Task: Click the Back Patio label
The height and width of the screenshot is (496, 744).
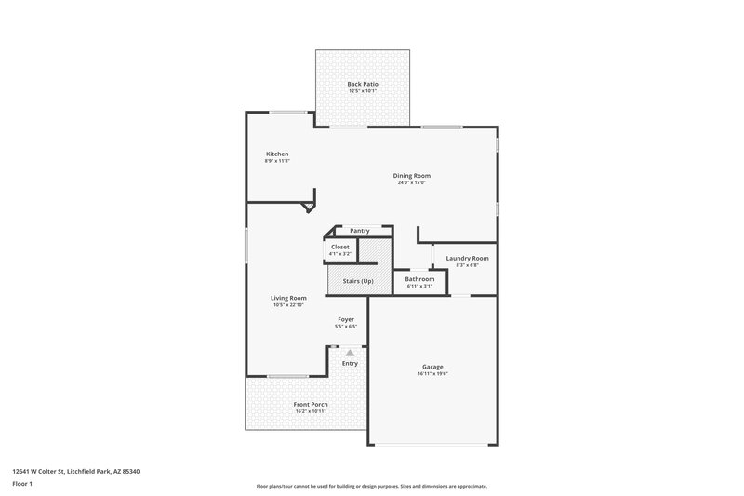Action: (363, 84)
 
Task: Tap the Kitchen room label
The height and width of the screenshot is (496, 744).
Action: (277, 154)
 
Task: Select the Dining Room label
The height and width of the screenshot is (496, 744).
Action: (411, 175)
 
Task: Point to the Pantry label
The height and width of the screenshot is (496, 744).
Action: (360, 231)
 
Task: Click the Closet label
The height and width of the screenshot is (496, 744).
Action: (340, 247)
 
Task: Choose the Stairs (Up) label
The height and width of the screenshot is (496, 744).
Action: (358, 280)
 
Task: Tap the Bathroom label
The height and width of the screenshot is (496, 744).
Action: (419, 278)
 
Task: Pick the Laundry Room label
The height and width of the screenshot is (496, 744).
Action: (467, 258)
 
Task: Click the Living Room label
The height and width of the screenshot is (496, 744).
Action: (289, 298)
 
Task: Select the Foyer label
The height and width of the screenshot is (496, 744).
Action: (346, 319)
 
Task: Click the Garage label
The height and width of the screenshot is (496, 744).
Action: (432, 367)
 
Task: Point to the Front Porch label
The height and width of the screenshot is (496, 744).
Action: (311, 404)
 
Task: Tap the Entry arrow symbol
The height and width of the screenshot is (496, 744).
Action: (350, 353)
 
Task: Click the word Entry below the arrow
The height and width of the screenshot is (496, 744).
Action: (350, 363)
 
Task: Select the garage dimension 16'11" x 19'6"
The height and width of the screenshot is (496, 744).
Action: (432, 374)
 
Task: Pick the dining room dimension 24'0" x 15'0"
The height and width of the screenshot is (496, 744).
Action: (411, 182)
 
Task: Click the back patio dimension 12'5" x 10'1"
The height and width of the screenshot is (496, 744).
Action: (363, 91)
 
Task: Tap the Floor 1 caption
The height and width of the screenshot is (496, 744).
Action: (22, 484)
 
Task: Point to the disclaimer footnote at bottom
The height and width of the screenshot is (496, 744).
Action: (371, 486)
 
